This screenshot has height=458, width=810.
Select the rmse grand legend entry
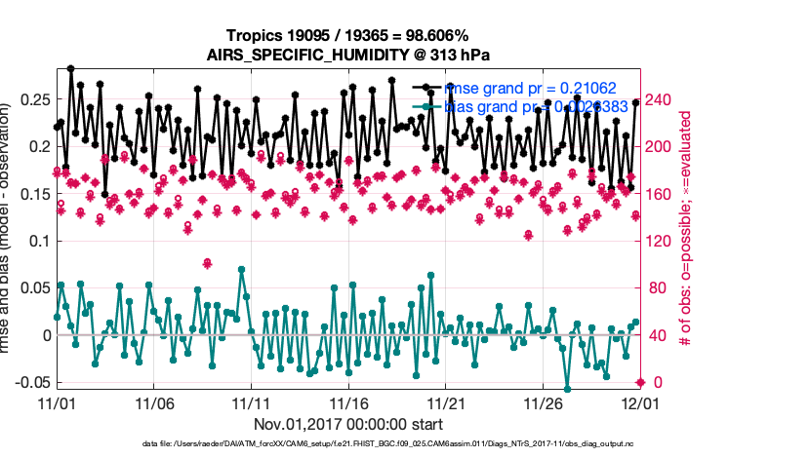[x=526, y=88]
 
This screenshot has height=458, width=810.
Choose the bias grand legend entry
[x=526, y=107]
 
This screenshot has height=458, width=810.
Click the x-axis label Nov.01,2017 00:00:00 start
[x=347, y=425]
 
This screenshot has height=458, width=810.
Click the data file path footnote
[x=347, y=445]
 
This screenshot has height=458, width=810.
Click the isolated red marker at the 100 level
[x=207, y=263]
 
